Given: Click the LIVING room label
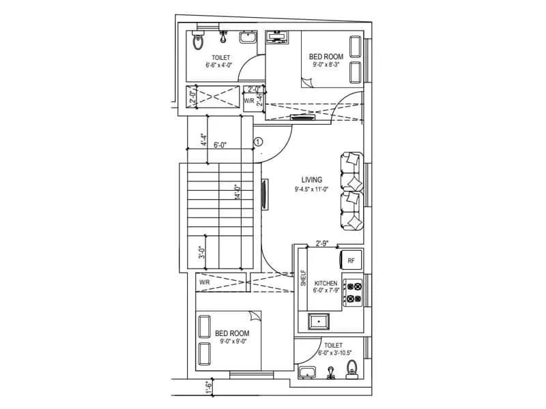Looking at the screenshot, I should tap(311, 180).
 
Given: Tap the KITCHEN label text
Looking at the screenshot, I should tap(326, 282).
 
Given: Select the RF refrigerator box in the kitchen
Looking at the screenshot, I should tap(351, 260).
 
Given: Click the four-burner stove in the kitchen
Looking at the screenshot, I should tap(353, 292).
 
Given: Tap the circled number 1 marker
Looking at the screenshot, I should tap(258, 142).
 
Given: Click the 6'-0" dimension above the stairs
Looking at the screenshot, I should tap(220, 145).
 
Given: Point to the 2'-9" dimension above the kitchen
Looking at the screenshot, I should tap(324, 242).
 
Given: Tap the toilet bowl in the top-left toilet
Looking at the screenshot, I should tap(199, 42).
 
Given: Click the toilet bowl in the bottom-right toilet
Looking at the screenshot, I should tap(352, 369).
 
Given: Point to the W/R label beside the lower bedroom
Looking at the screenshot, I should tap(204, 282).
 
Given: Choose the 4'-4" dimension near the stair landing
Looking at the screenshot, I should tap(203, 140).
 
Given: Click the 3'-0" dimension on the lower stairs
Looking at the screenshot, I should tap(202, 253).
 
